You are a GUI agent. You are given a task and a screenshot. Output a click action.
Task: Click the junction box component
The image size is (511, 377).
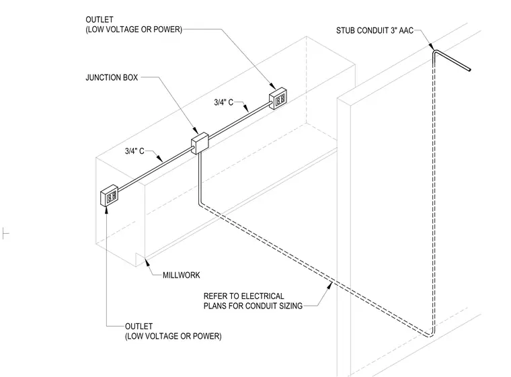pos(200,143)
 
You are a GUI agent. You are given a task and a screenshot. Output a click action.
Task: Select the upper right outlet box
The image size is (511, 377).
pos(278,98)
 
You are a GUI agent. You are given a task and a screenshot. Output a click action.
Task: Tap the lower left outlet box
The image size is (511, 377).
pos(109,196)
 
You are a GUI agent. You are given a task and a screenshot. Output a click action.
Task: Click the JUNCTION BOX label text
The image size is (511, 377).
pos(112,77)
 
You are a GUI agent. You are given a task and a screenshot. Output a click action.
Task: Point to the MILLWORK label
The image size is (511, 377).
pos(181,276)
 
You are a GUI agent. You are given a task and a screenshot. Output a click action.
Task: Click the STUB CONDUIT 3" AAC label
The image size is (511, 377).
pos(375,31)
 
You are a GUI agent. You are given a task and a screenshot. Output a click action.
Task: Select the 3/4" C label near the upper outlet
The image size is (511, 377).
pos(223,102)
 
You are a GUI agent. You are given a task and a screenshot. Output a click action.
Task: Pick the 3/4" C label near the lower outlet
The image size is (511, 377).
pos(134,151)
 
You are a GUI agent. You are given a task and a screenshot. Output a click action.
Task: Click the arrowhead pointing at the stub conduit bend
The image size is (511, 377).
pos(430,46)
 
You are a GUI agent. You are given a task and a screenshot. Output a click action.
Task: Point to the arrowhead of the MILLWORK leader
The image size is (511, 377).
pos(147,261)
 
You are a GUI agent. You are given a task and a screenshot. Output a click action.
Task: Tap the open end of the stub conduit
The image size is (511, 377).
pos(469,69)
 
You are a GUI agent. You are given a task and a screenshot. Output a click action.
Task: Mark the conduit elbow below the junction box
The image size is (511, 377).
pos(200,204)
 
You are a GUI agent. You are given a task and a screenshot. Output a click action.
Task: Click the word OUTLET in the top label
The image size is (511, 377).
pos(100,19)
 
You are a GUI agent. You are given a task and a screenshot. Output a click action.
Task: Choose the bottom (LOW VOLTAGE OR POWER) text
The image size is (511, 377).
pos(173,336)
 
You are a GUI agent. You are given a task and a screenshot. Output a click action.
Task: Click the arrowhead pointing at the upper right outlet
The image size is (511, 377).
pos(274,86)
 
